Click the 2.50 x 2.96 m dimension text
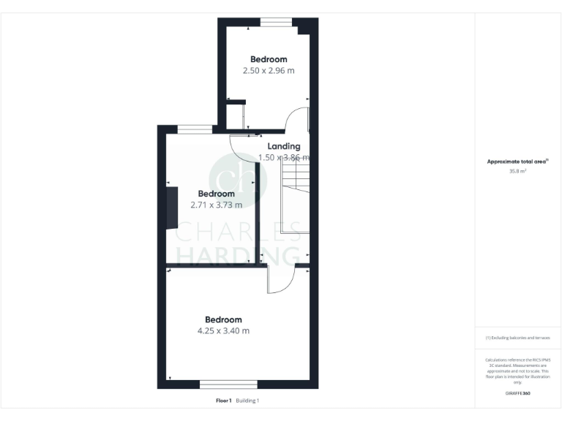269,71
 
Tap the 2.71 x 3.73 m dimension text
215,205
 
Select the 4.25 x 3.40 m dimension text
223,331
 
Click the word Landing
283,146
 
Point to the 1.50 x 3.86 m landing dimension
284,157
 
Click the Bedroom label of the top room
269,59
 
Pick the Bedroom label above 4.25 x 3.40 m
223,319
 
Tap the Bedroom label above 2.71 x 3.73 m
216,194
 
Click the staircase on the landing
296,197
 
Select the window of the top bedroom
275,23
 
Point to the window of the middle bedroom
195,130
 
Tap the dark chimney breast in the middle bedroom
172,208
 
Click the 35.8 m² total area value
517,171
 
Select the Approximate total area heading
517,162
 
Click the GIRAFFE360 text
517,394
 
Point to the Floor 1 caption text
223,401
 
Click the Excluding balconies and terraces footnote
517,338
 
